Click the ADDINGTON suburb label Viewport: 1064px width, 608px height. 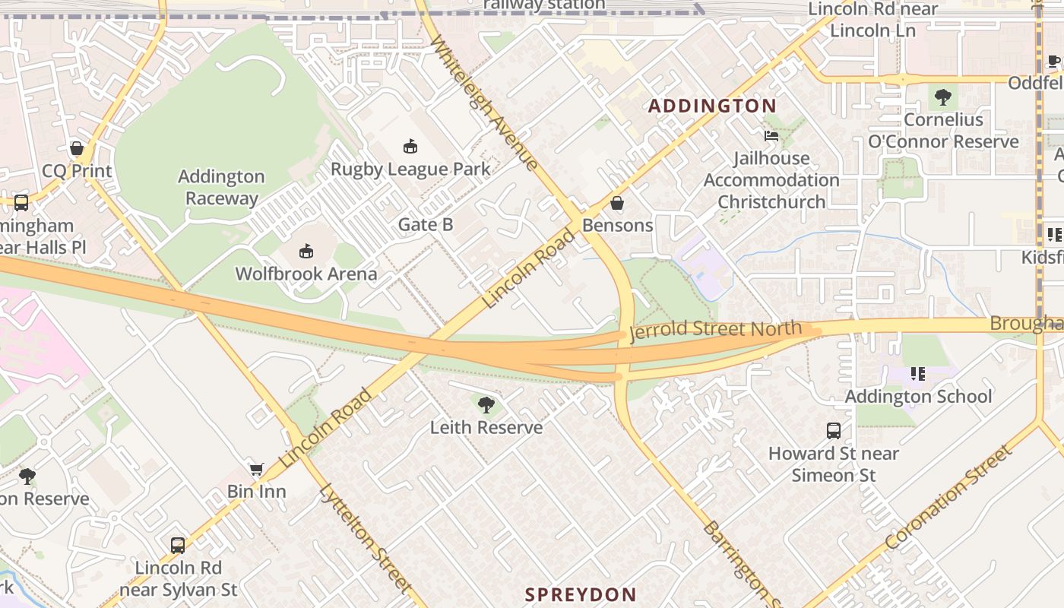(x=712, y=106)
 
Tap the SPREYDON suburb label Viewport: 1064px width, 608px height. (x=581, y=594)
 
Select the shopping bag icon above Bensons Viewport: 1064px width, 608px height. (x=617, y=203)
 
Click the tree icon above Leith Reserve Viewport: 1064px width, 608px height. (x=486, y=405)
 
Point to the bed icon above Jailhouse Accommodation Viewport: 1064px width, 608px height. (x=771, y=136)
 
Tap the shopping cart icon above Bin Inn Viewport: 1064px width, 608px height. (x=257, y=470)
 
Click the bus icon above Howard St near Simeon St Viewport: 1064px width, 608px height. (x=834, y=431)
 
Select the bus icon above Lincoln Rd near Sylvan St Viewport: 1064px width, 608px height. (x=178, y=546)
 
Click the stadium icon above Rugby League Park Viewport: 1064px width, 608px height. (x=410, y=146)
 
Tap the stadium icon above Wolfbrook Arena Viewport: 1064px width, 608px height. (x=306, y=251)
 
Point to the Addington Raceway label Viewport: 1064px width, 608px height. (x=221, y=188)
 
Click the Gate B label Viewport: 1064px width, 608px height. (x=426, y=224)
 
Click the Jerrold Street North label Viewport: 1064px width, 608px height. (x=715, y=330)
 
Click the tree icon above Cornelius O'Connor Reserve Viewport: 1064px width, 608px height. (x=943, y=97)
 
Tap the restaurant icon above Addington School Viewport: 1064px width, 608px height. (x=918, y=374)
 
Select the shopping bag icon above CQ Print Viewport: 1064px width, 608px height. (x=77, y=148)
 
